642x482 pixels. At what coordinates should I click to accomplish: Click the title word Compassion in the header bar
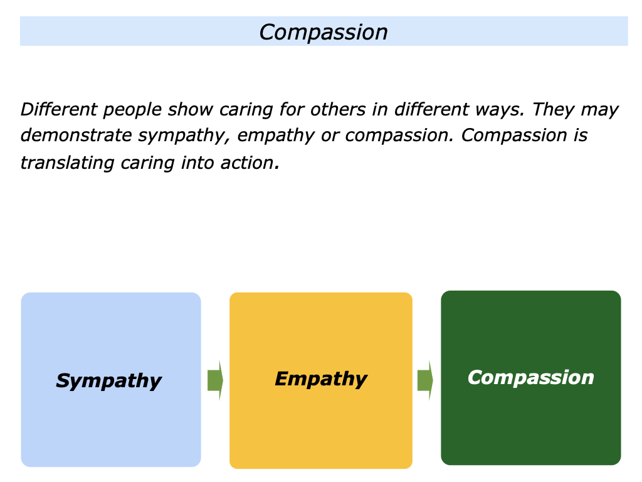pyautogui.click(x=324, y=32)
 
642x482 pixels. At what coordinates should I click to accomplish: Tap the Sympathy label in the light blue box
pyautogui.click(x=108, y=380)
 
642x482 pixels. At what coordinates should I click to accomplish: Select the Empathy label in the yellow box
pyautogui.click(x=320, y=378)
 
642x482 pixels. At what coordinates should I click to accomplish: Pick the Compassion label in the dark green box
pyautogui.click(x=530, y=377)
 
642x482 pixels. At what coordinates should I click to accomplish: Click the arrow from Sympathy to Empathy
pyautogui.click(x=215, y=380)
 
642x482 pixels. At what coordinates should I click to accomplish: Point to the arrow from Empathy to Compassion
pyautogui.click(x=425, y=380)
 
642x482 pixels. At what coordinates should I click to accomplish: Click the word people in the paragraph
pyautogui.click(x=131, y=110)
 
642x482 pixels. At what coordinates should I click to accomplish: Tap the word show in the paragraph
pyautogui.click(x=191, y=110)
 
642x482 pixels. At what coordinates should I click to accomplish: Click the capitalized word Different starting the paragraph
pyautogui.click(x=58, y=110)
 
